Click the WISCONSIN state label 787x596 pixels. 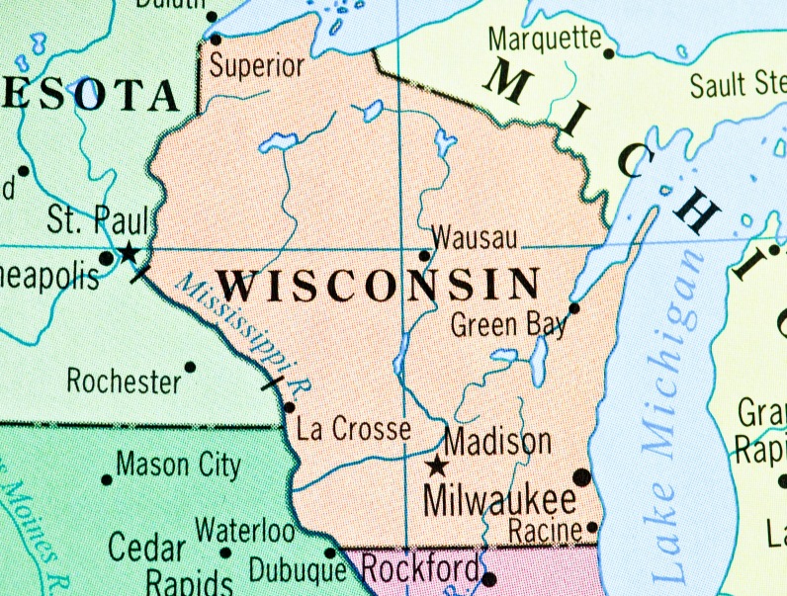tap(380, 285)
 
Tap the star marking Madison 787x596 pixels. tap(436, 466)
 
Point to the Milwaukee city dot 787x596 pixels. tap(581, 477)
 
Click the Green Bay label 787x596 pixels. tap(509, 323)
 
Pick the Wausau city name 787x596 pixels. tap(475, 238)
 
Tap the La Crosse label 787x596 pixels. tap(354, 429)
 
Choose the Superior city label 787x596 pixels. tap(257, 66)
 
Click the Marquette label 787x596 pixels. tap(545, 40)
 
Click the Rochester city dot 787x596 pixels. tap(190, 367)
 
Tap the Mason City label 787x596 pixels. tap(178, 464)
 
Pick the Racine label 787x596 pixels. tap(546, 529)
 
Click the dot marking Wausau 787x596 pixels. tap(425, 255)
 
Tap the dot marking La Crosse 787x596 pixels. tap(289, 406)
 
